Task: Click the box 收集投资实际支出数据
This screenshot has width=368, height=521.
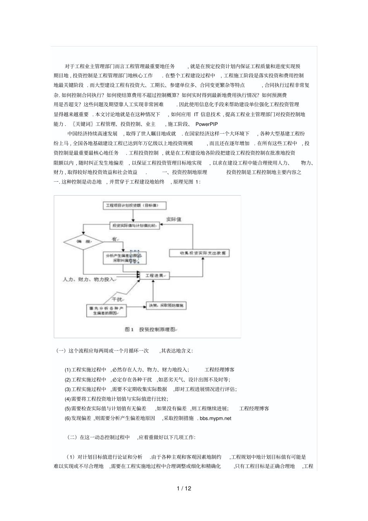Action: (x=199, y=253)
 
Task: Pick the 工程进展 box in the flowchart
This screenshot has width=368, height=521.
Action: (x=154, y=275)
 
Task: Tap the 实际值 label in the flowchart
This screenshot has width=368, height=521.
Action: (x=174, y=219)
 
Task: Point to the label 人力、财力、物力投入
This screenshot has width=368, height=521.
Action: (x=89, y=279)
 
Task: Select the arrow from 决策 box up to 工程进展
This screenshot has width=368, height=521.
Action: (x=154, y=290)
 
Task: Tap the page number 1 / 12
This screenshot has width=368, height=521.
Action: (x=184, y=488)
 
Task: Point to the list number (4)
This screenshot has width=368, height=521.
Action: (x=68, y=399)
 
